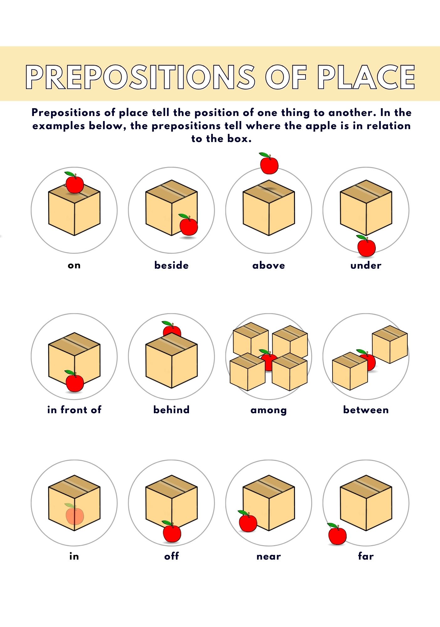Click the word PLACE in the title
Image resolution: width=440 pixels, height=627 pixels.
coord(366,77)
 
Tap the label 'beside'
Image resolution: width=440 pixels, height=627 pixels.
coord(171,265)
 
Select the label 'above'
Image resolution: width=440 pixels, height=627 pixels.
coord(269,265)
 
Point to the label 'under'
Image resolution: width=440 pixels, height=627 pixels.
coord(366,265)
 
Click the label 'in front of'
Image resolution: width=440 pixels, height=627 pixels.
coord(74,409)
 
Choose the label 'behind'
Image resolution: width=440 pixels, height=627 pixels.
coord(171,409)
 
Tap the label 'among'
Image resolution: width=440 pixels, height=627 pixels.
coord(269,410)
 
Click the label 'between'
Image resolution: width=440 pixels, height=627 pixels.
coord(366,409)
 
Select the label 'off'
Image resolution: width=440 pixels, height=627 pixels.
coord(171,556)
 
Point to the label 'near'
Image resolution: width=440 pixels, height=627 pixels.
coord(269,556)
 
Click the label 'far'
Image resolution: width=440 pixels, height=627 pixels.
coord(366,556)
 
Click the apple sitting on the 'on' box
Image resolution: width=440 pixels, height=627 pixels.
coord(74,183)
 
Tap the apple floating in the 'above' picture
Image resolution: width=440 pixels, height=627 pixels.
coord(269,163)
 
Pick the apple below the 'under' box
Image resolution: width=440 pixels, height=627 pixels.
coord(366,246)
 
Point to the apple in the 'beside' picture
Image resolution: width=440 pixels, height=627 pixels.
coord(188,225)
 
